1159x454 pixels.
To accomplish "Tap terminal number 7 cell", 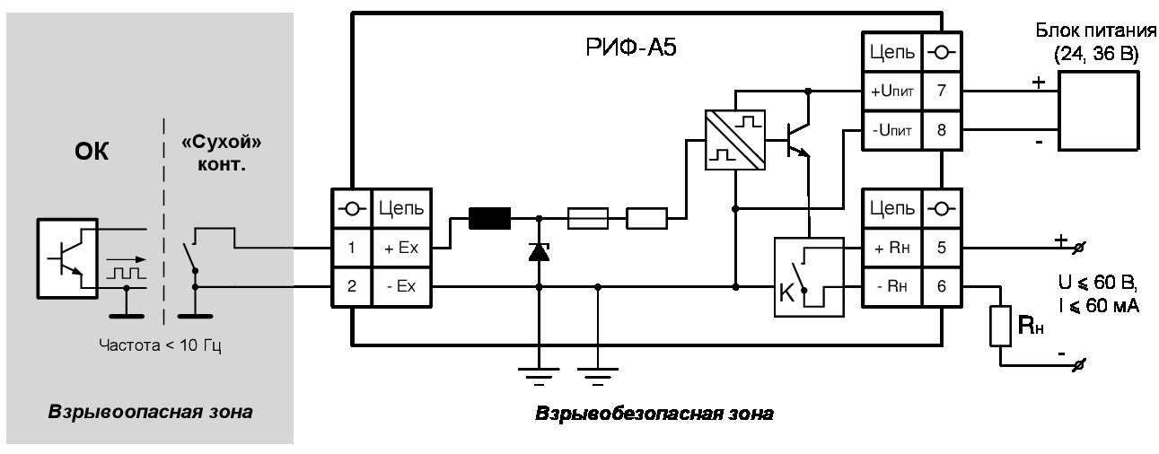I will click(938, 91).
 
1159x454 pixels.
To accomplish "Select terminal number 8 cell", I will click(938, 128).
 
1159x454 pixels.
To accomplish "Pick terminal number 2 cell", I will click(353, 286).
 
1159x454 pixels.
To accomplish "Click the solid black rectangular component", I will click(489, 217).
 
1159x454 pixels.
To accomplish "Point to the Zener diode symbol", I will click(539, 252).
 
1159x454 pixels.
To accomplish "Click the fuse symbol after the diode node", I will click(588, 217).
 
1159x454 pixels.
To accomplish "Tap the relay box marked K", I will click(808, 276).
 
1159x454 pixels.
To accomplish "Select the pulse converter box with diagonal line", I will click(734, 137).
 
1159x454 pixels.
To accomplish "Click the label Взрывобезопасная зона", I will click(654, 415).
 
